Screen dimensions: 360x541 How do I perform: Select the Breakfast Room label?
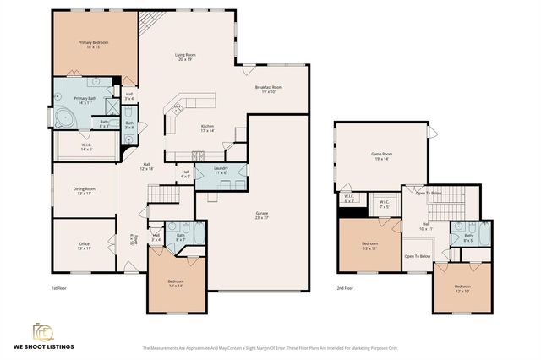pos(268,89)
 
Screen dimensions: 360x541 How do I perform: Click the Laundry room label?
pos(221,171)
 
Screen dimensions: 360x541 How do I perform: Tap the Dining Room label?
pos(84,191)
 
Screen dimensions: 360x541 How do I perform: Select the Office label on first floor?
pos(84,245)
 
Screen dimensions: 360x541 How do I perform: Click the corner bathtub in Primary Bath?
pos(64,118)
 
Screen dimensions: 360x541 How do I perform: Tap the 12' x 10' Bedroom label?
pos(462,288)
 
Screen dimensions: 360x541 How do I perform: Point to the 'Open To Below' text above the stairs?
pos(429,193)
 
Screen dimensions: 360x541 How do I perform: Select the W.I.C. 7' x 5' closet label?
pos(383,203)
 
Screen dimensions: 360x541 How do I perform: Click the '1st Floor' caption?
pos(58,289)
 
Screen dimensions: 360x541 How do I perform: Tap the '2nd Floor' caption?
pos(346,289)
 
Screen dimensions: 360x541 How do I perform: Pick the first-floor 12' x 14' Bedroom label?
pos(176,283)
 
